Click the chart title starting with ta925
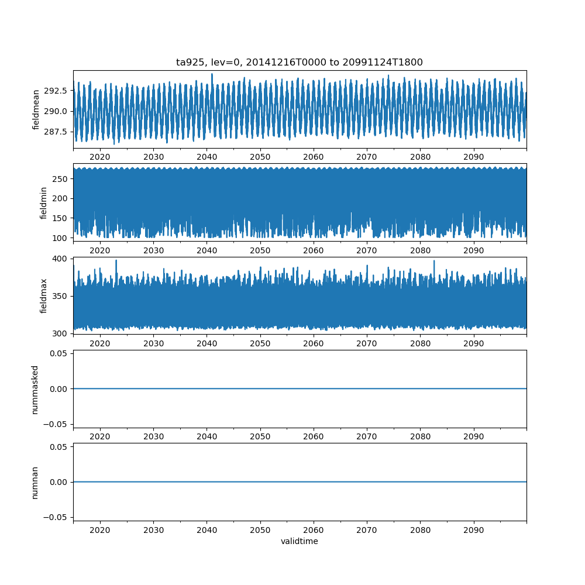point(300,62)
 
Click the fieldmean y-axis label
point(36,109)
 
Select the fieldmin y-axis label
point(43,202)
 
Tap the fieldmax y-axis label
point(43,296)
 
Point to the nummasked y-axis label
point(35,390)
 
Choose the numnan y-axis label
point(35,483)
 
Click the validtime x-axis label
point(300,542)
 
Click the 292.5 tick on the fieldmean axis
point(57,91)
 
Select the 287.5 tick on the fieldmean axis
point(57,132)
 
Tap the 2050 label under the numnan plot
point(260,530)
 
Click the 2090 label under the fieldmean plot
point(474,157)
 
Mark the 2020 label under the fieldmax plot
point(100,343)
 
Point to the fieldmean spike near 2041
point(212,75)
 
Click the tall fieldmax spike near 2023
point(116,261)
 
